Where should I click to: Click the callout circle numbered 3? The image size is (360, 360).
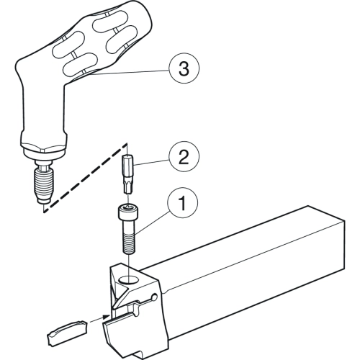(184, 68)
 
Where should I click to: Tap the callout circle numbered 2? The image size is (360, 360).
(184, 156)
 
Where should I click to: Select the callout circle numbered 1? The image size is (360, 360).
(183, 203)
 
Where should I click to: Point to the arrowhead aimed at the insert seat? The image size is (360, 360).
(107, 317)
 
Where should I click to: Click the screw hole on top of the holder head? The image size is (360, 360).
(130, 279)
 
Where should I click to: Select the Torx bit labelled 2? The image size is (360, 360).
(128, 174)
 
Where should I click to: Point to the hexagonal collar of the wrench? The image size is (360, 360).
(43, 148)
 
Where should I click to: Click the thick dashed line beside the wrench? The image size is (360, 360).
(85, 178)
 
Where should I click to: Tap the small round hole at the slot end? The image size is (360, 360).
(154, 297)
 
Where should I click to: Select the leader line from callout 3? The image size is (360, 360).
(130, 73)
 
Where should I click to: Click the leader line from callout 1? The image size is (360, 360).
(153, 220)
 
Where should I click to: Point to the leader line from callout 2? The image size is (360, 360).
(152, 163)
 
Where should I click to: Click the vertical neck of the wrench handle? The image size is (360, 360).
(43, 108)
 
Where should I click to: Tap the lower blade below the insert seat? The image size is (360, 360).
(135, 336)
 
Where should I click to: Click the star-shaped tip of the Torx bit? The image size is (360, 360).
(128, 188)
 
